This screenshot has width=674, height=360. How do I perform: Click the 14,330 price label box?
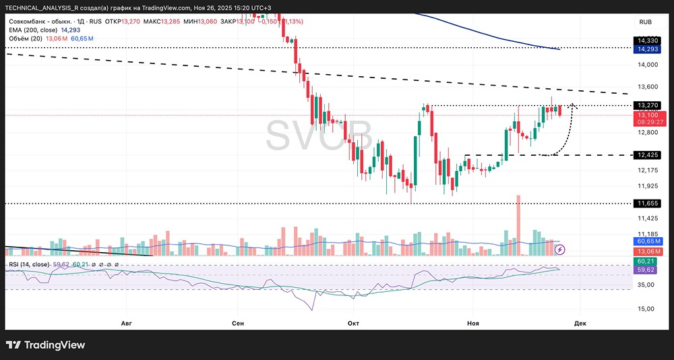point(648,41)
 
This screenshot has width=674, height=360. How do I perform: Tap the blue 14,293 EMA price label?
point(648,49)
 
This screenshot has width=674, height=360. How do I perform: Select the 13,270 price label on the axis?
point(648,105)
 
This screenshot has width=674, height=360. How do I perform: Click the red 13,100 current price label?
point(648,115)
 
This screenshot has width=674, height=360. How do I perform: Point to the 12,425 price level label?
point(648,155)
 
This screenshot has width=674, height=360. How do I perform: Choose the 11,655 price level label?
point(648,202)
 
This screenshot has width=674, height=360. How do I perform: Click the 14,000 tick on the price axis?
point(648,65)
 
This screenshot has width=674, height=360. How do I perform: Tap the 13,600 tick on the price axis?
point(648,87)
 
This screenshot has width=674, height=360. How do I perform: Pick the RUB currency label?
point(645,22)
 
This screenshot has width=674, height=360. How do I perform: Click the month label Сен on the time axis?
point(237,324)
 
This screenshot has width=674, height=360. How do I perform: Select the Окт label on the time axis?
point(353,324)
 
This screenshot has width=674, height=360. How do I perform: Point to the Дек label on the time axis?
point(580,324)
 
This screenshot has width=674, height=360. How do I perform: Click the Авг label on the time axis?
point(126,324)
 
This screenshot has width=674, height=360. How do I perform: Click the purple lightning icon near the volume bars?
point(560,249)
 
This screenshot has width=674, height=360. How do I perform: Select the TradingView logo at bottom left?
point(46,345)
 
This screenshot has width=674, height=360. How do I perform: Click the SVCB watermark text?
point(319,136)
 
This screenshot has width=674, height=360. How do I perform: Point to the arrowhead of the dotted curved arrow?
point(573,105)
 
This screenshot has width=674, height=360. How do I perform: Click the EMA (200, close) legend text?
point(33,30)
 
